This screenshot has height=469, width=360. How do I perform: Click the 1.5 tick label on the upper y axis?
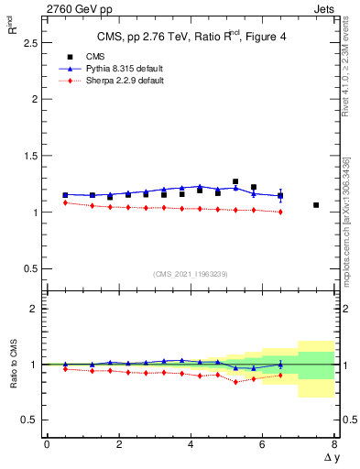pos(28,156)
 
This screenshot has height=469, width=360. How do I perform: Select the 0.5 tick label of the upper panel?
pos(28,269)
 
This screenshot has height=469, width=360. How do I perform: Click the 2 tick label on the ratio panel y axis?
pos(33,310)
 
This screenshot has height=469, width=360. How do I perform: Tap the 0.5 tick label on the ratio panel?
pos(28,420)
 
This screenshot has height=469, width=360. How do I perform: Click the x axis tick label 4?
pos(191,444)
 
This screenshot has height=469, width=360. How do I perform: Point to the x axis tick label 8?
pos(334,444)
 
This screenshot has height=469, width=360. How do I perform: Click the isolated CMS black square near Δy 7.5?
pos(316,205)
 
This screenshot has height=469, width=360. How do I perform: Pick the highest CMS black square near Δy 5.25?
pos(235,181)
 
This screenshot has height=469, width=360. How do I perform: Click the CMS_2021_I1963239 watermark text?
pos(190,273)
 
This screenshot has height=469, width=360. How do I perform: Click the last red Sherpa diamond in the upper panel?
pos(280,212)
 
